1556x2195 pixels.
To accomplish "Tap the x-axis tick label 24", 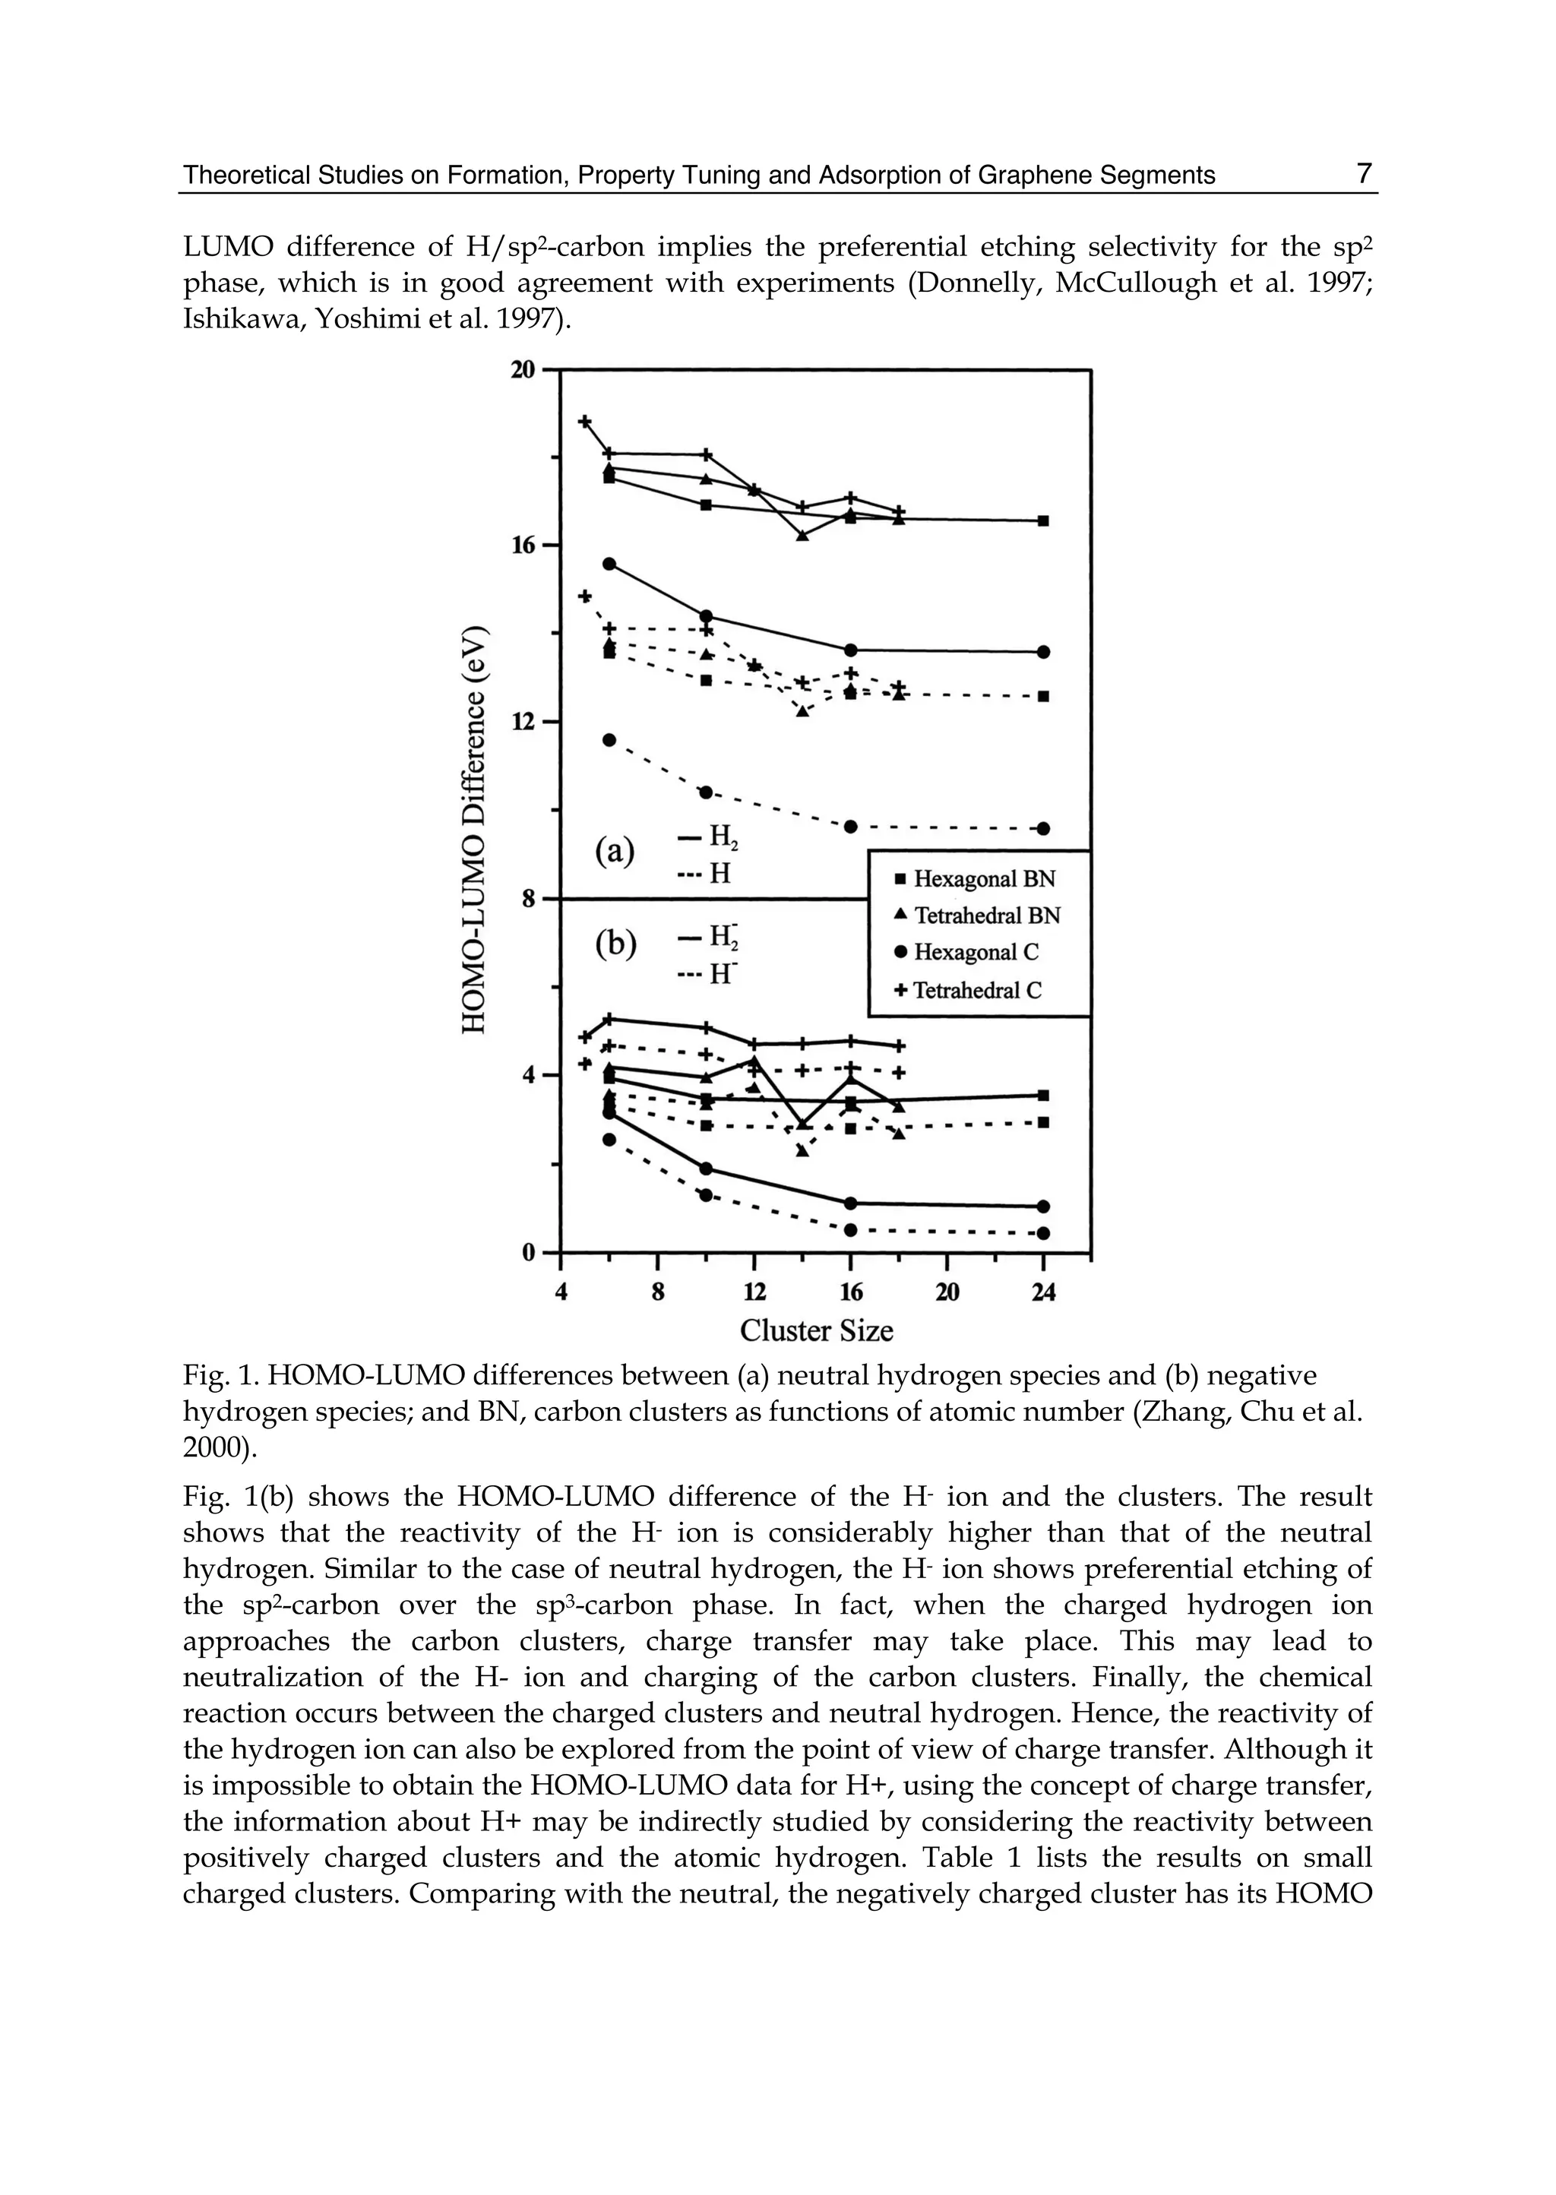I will (x=1043, y=1292).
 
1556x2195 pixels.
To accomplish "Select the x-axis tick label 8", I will (x=657, y=1292).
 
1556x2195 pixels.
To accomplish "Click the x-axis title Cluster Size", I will (x=816, y=1331).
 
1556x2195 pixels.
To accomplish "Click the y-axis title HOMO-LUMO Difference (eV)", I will (x=475, y=830).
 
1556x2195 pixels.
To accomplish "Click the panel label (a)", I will (x=614, y=851).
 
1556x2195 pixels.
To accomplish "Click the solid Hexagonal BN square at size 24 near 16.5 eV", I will (x=1043, y=521).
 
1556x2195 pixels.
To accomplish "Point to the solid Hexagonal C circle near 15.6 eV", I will (x=609, y=563).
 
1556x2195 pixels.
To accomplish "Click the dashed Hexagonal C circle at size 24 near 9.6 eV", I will (x=1043, y=828).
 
